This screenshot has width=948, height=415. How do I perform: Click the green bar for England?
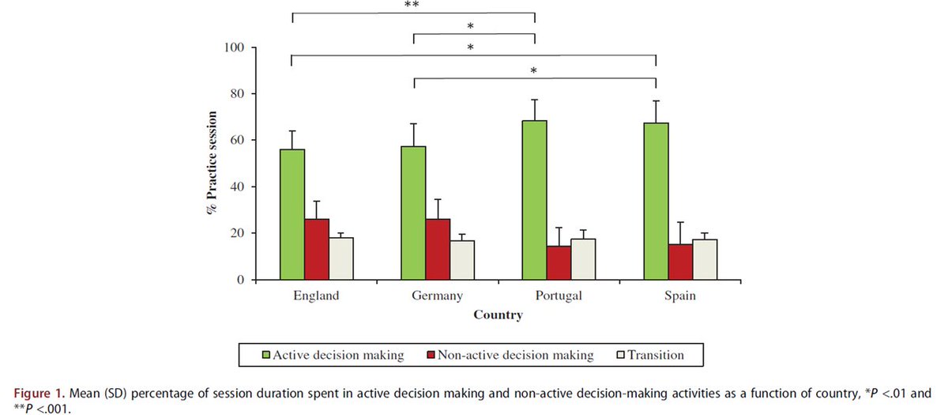coord(292,214)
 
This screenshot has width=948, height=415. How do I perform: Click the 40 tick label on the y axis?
coord(236,187)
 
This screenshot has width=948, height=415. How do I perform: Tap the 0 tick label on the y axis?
coord(239,280)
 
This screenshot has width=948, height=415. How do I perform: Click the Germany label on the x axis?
coord(437,296)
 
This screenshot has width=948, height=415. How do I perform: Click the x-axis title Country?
coord(498,315)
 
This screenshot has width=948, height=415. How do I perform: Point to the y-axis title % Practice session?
coord(212,164)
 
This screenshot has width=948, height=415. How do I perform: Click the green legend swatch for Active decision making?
coord(266,356)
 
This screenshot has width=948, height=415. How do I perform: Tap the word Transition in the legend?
coord(655,356)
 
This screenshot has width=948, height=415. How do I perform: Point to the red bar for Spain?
coord(680,262)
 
